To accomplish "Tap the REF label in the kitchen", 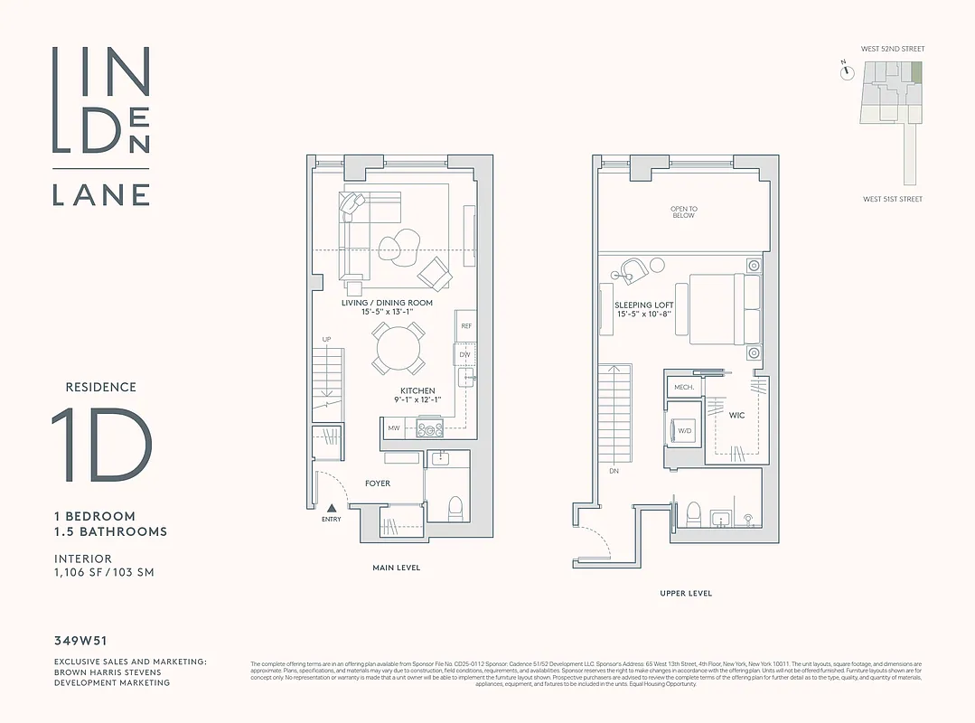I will (466, 325).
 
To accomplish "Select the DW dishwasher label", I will (465, 354).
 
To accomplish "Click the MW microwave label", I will (394, 428).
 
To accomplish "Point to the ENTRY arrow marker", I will (332, 509).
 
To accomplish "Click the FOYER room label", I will (378, 484).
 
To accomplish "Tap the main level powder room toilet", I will (455, 508).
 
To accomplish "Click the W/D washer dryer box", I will (684, 430).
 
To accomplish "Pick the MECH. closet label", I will (684, 387).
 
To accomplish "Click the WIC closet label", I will (737, 417).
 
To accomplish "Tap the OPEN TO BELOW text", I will (684, 212).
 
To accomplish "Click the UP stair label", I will (326, 339).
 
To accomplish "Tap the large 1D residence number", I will (101, 446).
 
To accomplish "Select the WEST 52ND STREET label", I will (894, 49).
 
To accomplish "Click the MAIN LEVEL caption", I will (397, 568).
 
